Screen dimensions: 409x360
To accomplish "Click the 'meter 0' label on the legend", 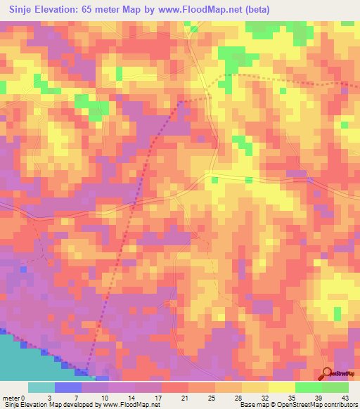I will [14, 397].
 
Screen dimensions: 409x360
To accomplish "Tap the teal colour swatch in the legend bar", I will [41, 387].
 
